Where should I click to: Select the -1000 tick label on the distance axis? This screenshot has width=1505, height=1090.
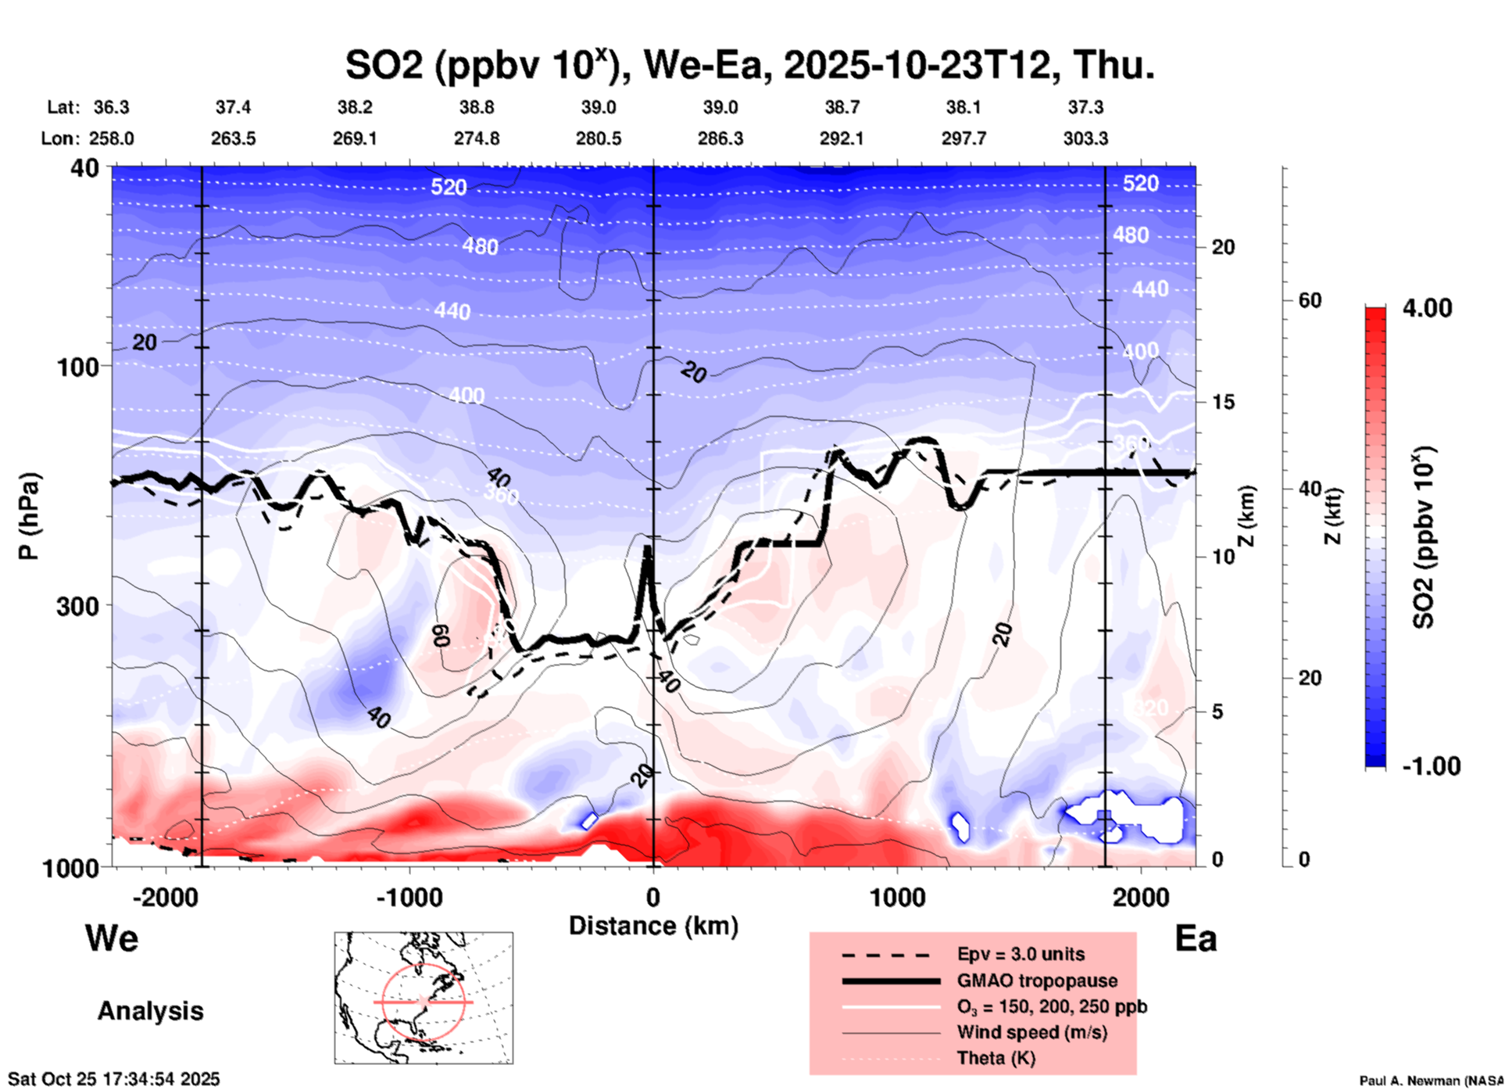pyautogui.click(x=409, y=898)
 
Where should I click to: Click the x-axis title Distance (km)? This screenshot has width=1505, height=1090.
pyautogui.click(x=653, y=926)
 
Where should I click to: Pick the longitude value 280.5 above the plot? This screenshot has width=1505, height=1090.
pyautogui.click(x=599, y=138)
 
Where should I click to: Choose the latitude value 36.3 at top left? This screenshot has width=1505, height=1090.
pyautogui.click(x=111, y=107)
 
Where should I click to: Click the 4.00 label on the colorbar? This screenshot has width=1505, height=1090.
pyautogui.click(x=1427, y=307)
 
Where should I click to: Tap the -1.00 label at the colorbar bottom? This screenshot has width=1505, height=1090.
pyautogui.click(x=1431, y=766)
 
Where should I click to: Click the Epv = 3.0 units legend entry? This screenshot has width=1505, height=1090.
pyautogui.click(x=1021, y=954)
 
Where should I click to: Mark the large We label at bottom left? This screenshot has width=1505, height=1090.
pyautogui.click(x=112, y=938)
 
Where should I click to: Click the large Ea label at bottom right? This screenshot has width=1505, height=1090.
pyautogui.click(x=1196, y=938)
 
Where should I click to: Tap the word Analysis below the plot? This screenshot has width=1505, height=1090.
pyautogui.click(x=150, y=1011)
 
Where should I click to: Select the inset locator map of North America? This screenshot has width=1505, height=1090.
pyautogui.click(x=424, y=998)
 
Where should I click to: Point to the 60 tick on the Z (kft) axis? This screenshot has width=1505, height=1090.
pyautogui.click(x=1309, y=300)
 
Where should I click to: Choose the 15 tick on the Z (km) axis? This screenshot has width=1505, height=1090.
pyautogui.click(x=1223, y=402)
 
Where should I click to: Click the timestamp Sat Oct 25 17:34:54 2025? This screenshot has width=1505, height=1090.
pyautogui.click(x=114, y=1079)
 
